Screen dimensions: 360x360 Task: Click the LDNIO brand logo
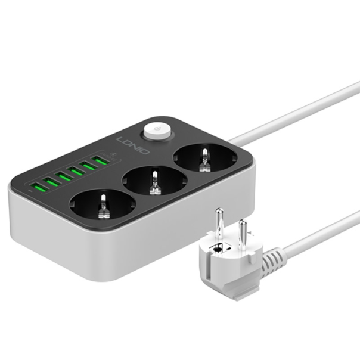point(133,146)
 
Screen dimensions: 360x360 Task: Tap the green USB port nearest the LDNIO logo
point(101,161)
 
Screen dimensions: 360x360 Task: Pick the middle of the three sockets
point(155,182)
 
